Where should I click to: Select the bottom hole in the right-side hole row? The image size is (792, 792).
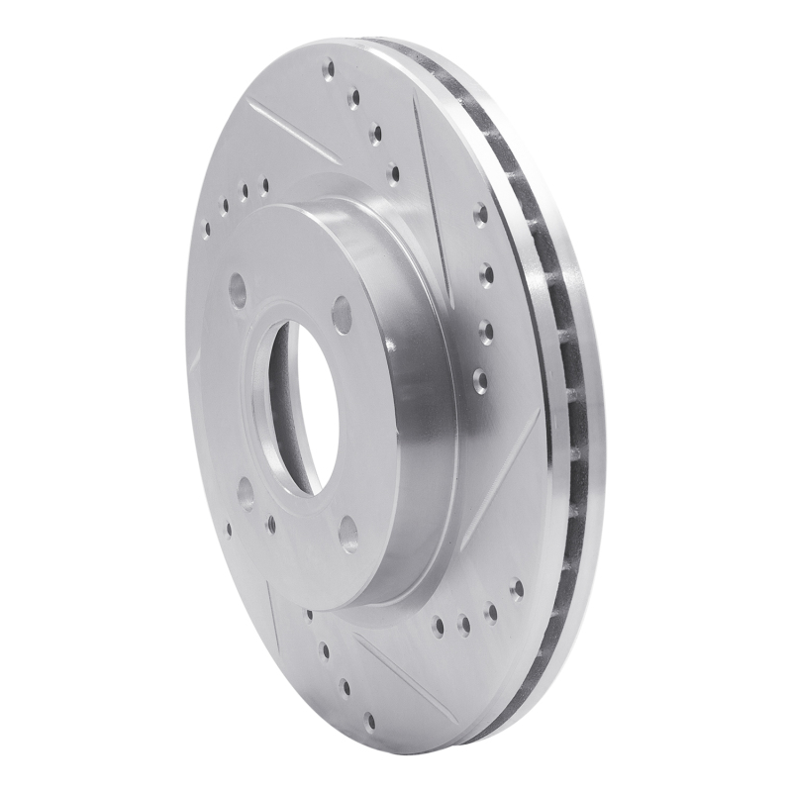point(481,375)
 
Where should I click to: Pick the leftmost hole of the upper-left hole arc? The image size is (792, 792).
point(207,229)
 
